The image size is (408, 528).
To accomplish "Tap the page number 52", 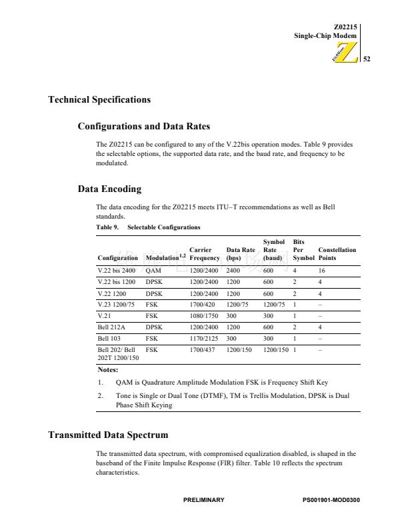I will [x=366, y=59].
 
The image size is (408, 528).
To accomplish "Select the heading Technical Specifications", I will [x=99, y=100].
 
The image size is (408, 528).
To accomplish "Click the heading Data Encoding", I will [x=109, y=189].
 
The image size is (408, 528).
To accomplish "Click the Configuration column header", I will [x=117, y=257].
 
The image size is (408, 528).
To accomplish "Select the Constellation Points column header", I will [x=337, y=253].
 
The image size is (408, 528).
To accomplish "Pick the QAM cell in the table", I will [x=152, y=272].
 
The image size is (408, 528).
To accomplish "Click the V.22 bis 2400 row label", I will [x=116, y=272].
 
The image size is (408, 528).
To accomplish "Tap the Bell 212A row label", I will [x=111, y=328].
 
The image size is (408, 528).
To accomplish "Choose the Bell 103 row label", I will [x=108, y=339].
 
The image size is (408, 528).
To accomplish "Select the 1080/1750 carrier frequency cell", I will [x=204, y=316].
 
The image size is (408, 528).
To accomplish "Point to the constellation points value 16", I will [x=321, y=272].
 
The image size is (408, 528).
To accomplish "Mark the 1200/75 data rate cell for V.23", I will [x=237, y=305].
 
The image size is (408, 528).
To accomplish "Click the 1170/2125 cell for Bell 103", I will [x=204, y=339].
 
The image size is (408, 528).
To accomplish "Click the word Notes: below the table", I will [x=107, y=369].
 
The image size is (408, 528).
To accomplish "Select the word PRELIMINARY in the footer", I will [x=203, y=500].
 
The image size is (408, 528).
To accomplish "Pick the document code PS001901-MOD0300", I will [x=331, y=500].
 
